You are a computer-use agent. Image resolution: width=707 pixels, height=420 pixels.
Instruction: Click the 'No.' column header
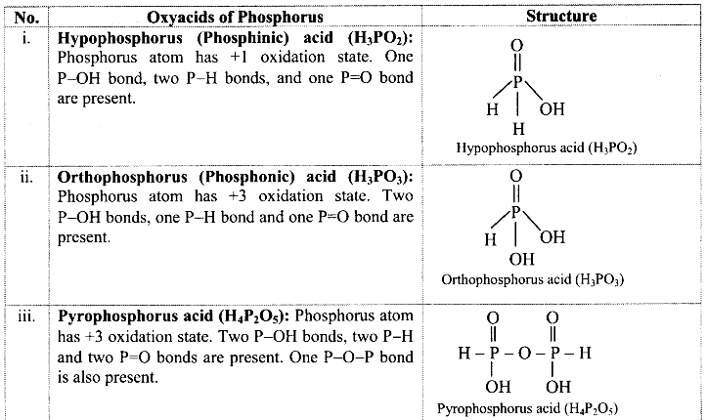click(26, 18)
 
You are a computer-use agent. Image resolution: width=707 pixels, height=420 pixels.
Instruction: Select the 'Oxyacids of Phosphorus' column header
click(235, 18)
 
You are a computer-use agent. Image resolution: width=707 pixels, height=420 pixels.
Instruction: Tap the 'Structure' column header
click(561, 17)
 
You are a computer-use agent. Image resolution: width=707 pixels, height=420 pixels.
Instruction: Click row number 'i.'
click(26, 38)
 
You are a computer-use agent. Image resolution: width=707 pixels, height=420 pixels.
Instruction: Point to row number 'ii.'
click(26, 178)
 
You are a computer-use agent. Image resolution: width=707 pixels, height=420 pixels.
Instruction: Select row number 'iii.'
click(26, 316)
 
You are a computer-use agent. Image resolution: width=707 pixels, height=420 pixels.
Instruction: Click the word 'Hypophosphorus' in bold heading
click(120, 38)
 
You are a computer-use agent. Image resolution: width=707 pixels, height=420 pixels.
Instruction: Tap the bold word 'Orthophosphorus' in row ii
click(122, 178)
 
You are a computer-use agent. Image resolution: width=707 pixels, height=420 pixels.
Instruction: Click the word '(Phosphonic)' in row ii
click(246, 177)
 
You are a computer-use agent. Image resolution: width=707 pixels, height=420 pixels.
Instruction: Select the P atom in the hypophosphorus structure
click(517, 82)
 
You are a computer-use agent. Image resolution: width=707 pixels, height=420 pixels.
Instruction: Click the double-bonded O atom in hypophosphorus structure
click(517, 46)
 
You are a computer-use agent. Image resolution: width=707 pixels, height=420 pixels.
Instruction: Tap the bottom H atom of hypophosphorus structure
click(518, 129)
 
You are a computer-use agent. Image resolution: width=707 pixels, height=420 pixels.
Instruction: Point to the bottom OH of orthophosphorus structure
click(521, 259)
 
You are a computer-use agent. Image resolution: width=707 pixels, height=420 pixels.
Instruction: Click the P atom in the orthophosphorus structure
click(516, 212)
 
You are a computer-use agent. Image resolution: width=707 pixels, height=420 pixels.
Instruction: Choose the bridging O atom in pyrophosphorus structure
click(524, 354)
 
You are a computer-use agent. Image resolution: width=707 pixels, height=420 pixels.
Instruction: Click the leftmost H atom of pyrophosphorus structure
click(464, 353)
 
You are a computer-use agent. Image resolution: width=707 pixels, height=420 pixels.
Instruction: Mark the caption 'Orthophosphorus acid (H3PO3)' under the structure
click(533, 279)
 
